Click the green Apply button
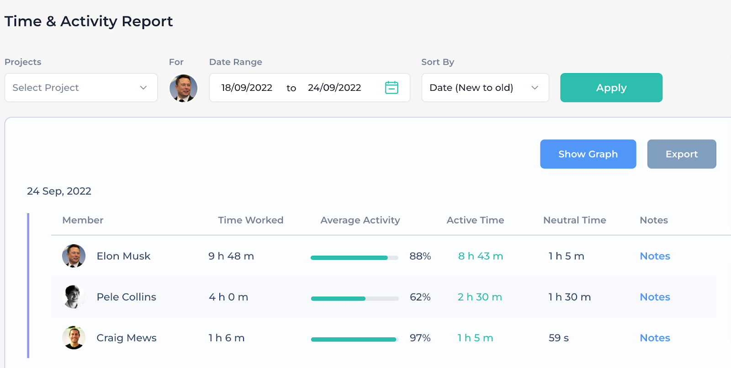pyautogui.click(x=611, y=88)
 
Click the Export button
pyautogui.click(x=681, y=154)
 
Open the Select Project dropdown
pyautogui.click(x=81, y=88)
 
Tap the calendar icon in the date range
pyautogui.click(x=392, y=88)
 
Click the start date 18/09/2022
pyautogui.click(x=247, y=88)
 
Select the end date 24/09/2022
pyautogui.click(x=334, y=88)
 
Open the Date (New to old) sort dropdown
pyautogui.click(x=485, y=88)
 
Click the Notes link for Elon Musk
pyautogui.click(x=655, y=256)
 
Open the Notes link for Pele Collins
pyautogui.click(x=655, y=297)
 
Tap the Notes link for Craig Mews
pyautogui.click(x=655, y=338)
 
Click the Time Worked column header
pyautogui.click(x=250, y=220)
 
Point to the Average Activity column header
pyautogui.click(x=360, y=220)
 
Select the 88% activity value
pyautogui.click(x=420, y=256)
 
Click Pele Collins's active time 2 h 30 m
pyautogui.click(x=480, y=297)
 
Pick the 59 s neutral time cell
pyautogui.click(x=558, y=338)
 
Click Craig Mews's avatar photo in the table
pyautogui.click(x=74, y=338)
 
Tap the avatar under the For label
pyautogui.click(x=183, y=88)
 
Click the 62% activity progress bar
pyautogui.click(x=355, y=299)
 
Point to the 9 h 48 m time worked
pyautogui.click(x=231, y=256)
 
